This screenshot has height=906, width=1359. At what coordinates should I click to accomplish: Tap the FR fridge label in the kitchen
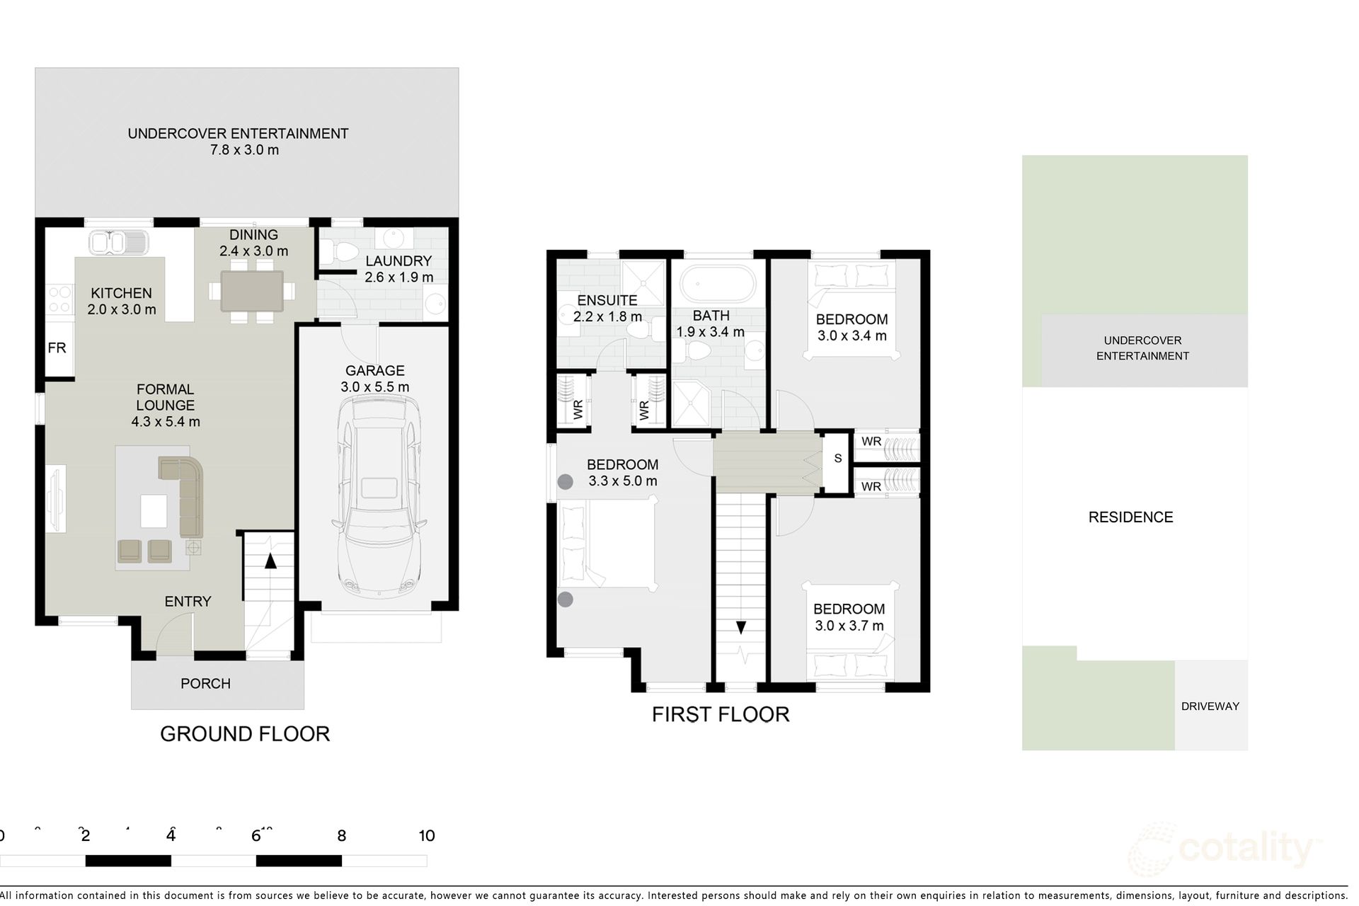(57, 348)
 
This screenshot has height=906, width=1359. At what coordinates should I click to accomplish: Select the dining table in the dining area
(252, 291)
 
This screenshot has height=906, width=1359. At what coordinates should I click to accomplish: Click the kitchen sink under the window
(118, 243)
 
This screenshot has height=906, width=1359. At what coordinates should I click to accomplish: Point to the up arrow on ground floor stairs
(270, 561)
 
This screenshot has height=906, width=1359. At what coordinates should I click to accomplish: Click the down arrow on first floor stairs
(740, 627)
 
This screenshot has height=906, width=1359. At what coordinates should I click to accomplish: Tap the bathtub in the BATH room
(717, 284)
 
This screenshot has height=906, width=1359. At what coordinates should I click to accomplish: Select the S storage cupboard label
(838, 459)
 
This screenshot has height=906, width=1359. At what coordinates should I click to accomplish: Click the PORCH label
(205, 684)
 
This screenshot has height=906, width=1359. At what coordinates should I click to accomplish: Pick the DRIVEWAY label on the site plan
(1210, 706)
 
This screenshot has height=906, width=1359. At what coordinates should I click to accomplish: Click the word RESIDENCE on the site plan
(1130, 517)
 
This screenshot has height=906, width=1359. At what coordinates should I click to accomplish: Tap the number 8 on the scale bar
(341, 836)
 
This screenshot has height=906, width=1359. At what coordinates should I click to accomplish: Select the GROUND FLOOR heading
(245, 734)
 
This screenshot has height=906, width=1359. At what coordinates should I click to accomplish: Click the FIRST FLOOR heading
(720, 714)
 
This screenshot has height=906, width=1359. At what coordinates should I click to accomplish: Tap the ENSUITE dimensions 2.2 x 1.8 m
(607, 317)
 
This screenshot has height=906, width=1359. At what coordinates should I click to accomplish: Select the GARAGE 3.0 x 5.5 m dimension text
(374, 387)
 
